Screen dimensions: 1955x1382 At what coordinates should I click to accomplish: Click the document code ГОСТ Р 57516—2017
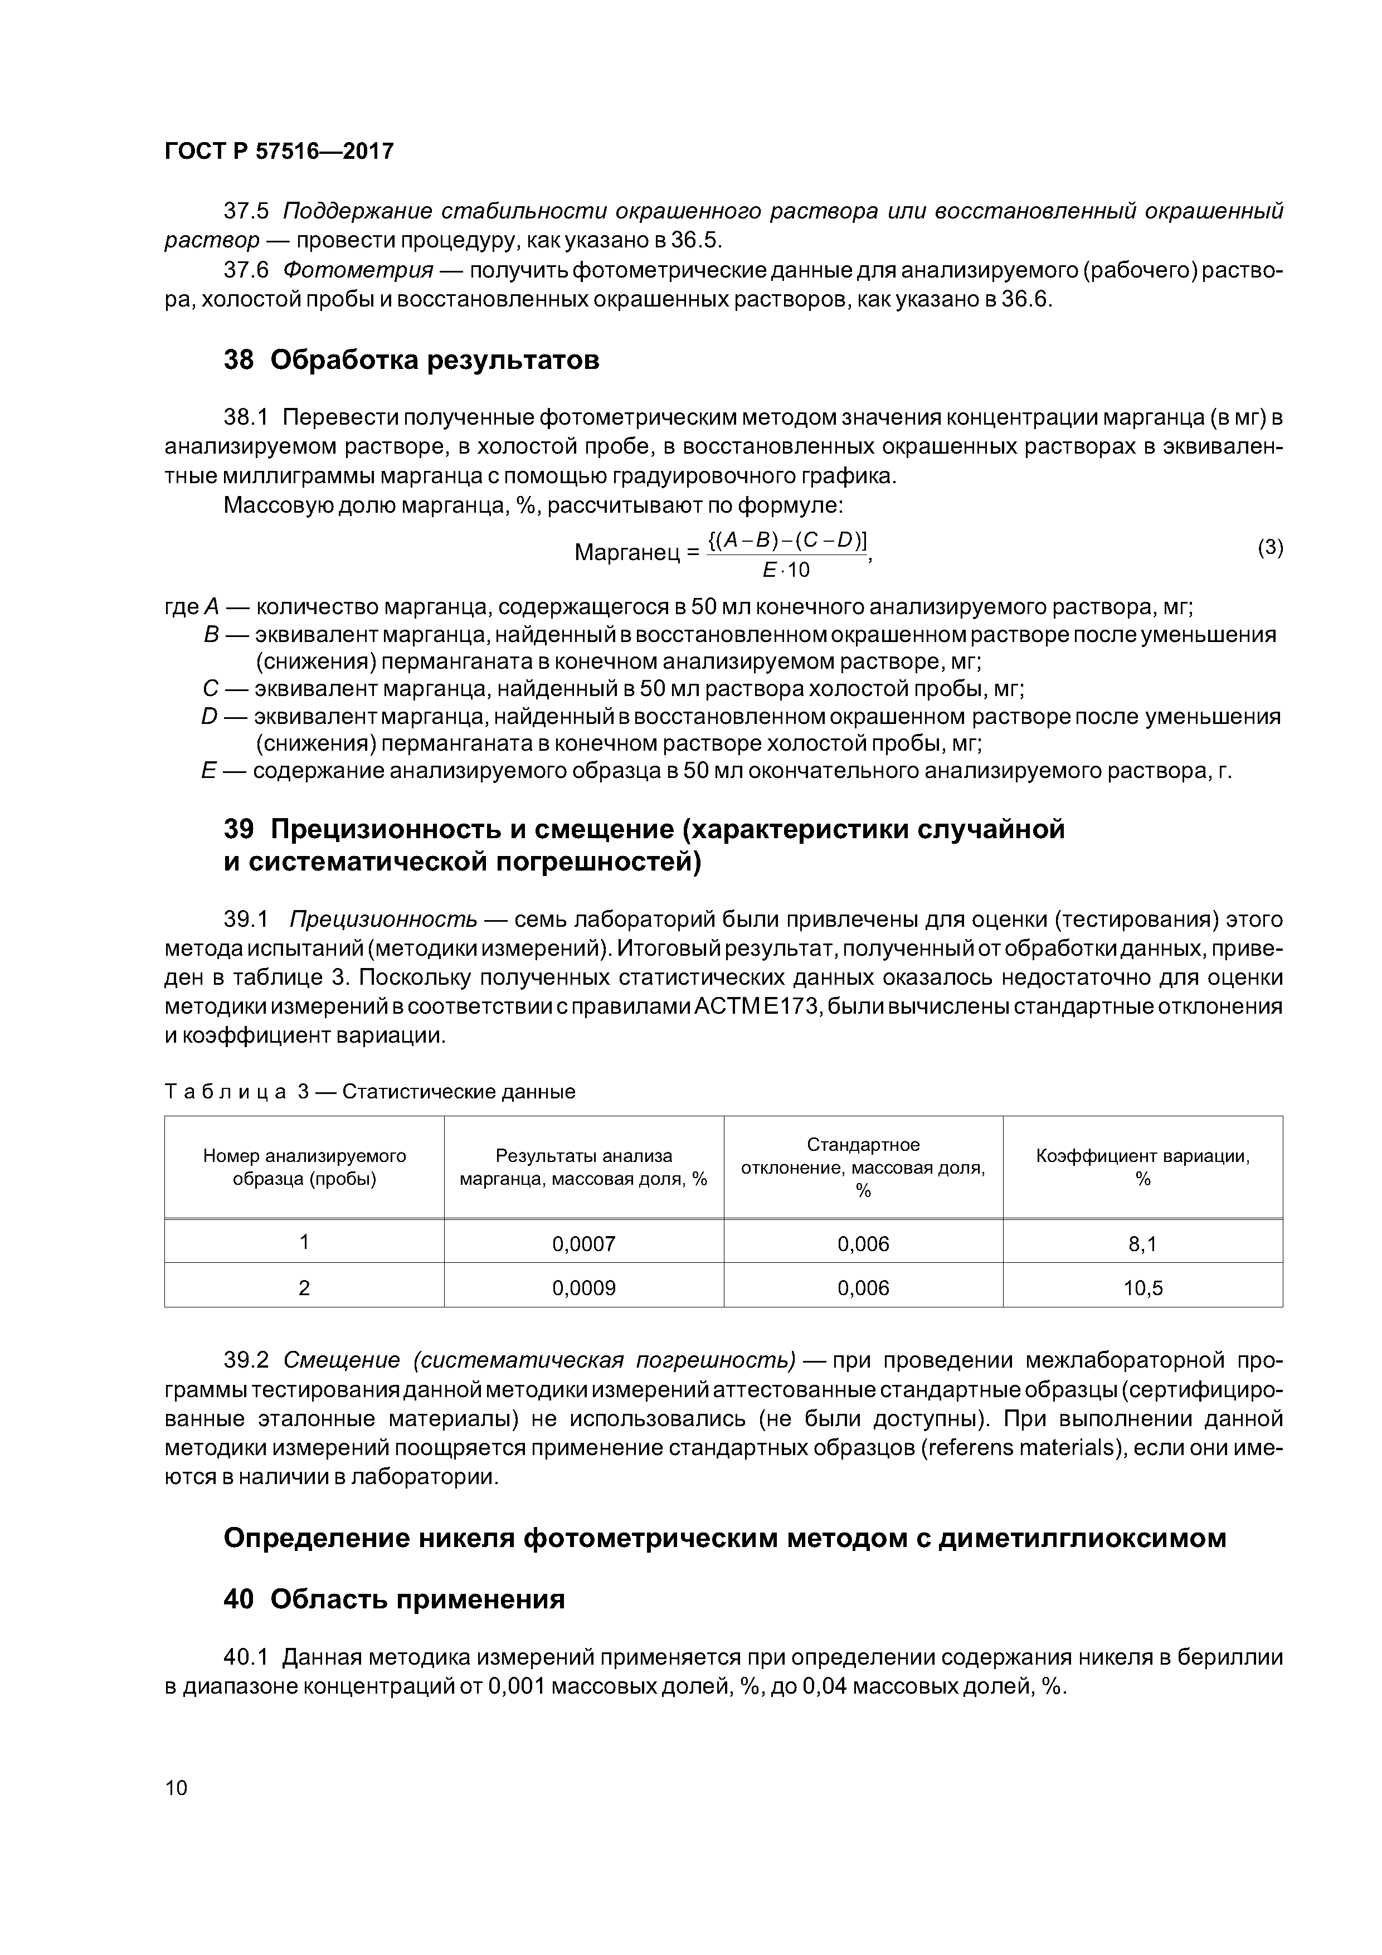pyautogui.click(x=279, y=152)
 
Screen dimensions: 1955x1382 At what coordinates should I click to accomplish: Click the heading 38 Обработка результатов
pyautogui.click(x=411, y=360)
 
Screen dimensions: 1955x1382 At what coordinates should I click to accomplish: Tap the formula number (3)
pyautogui.click(x=1269, y=547)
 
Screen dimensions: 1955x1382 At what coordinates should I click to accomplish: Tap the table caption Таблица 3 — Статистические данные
pyautogui.click(x=369, y=1092)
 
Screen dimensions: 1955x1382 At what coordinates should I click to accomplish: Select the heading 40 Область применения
pyautogui.click(x=394, y=1600)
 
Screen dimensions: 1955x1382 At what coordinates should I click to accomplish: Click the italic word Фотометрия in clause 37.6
pyautogui.click(x=358, y=271)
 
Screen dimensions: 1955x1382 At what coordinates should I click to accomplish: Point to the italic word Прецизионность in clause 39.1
pyautogui.click(x=383, y=920)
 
